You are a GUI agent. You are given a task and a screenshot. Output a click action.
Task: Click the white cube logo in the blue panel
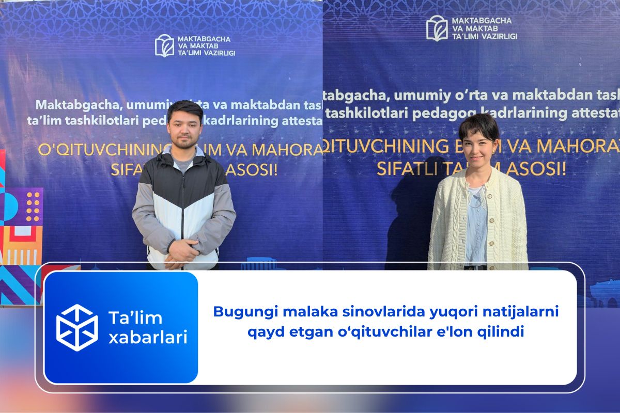click(x=76, y=328)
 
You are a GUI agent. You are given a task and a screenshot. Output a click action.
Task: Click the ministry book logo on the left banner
click(x=164, y=45)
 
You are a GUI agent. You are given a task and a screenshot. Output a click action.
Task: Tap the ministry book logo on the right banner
click(x=437, y=28)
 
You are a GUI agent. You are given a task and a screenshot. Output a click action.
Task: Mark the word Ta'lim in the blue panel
click(x=128, y=317)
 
